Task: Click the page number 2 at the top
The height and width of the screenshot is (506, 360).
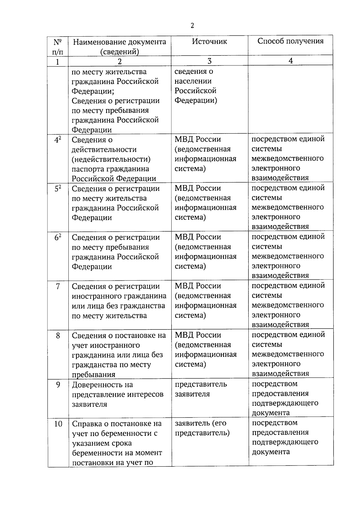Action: tap(192, 26)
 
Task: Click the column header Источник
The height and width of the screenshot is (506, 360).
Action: tap(209, 41)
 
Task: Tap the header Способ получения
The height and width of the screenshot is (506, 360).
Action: tap(290, 41)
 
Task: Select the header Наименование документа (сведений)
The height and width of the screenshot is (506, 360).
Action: tap(119, 47)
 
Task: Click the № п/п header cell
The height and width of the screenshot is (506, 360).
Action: tap(58, 47)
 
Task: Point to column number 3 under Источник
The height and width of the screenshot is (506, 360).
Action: tap(209, 61)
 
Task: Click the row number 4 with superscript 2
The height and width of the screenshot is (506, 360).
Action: tap(58, 140)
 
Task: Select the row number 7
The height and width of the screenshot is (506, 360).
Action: tap(58, 286)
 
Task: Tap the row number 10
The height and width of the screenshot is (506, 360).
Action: tap(58, 424)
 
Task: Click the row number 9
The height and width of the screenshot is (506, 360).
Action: tap(58, 384)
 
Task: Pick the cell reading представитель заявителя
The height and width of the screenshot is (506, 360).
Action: tap(201, 389)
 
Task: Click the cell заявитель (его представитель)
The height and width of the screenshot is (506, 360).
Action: tap(202, 428)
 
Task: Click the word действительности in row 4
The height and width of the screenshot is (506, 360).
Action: tap(104, 149)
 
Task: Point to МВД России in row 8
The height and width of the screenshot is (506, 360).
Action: tap(198, 335)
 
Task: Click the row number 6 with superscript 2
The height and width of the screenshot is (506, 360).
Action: tap(58, 238)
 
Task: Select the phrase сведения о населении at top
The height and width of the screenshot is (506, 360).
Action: tap(193, 76)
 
